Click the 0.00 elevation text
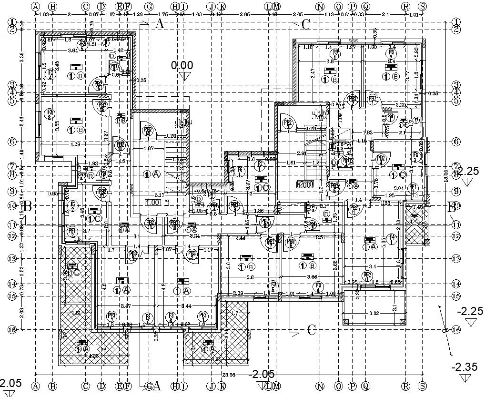coord(182,65)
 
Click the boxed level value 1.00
coord(153,202)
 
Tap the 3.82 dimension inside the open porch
coord(374,313)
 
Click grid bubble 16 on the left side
coord(12,329)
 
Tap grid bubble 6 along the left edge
coord(12,142)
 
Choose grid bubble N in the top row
coord(320,7)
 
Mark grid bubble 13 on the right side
coord(456,259)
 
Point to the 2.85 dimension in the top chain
coord(244,15)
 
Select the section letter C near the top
coord(305,25)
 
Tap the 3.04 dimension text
coord(399,189)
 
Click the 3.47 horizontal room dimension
coord(126,305)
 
